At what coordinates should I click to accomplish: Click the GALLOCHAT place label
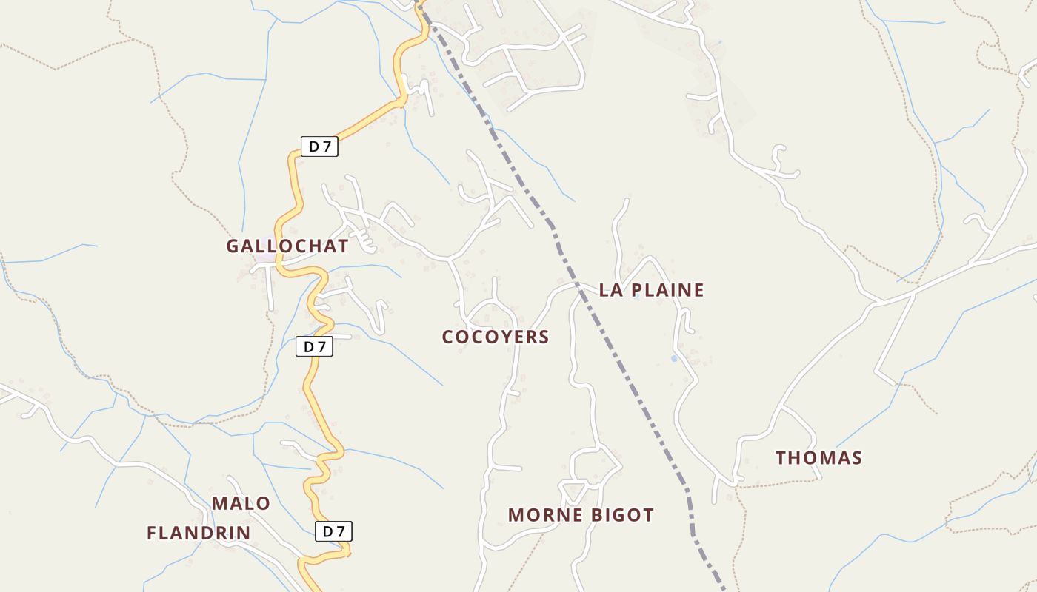click(287, 246)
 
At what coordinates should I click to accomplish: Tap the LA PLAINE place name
click(651, 290)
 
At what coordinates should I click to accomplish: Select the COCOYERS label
click(496, 337)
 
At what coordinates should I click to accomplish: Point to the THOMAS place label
click(818, 458)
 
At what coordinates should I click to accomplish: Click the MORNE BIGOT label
click(581, 515)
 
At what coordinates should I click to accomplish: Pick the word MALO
click(241, 504)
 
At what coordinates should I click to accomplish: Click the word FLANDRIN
click(199, 533)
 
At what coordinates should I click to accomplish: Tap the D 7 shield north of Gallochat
click(319, 147)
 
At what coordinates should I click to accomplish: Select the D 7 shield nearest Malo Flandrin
click(333, 531)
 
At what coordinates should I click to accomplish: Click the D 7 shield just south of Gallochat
click(314, 346)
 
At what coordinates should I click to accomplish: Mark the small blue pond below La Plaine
click(673, 359)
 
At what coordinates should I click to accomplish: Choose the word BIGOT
click(618, 515)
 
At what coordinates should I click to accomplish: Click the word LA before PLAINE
click(610, 290)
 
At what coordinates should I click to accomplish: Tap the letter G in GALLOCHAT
click(233, 246)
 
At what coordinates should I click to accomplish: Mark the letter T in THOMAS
click(781, 458)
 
